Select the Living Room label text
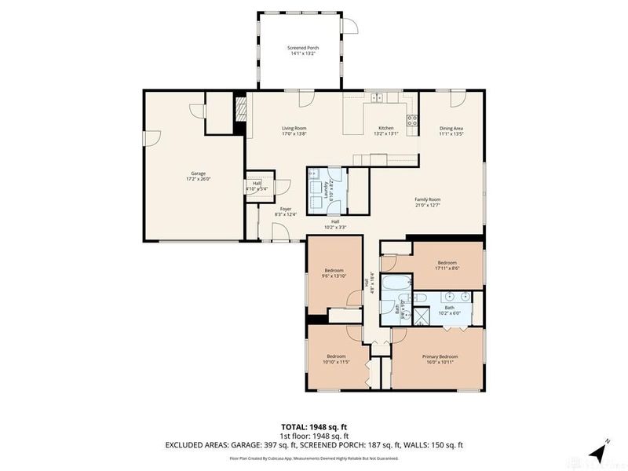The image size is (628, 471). (x=294, y=131)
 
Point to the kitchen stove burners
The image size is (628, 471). (x=410, y=119)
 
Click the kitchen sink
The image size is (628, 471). (x=378, y=98)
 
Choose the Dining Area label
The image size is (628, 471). (x=451, y=131)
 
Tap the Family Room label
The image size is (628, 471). (x=428, y=203)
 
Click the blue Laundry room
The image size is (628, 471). (x=326, y=190)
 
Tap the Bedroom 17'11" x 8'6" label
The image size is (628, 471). (x=447, y=265)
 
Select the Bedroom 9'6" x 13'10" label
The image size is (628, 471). (x=334, y=273)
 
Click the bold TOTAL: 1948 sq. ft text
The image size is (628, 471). (x=314, y=426)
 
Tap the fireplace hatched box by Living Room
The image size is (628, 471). (x=241, y=109)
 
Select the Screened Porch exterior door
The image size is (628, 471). (x=352, y=25)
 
